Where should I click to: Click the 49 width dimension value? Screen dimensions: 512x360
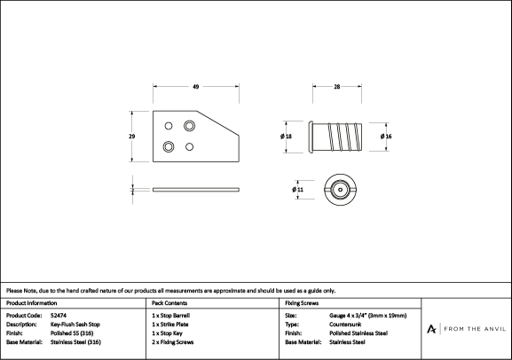[x=195, y=87]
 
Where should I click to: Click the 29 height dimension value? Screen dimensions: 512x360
[x=131, y=136]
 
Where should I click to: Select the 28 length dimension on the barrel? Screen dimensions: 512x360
[x=337, y=87]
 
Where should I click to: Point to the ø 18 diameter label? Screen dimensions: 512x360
[x=286, y=136]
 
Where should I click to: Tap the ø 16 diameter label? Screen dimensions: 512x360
[x=386, y=136]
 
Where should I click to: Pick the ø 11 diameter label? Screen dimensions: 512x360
[x=298, y=189]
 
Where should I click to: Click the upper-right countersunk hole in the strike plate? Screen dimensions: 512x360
[x=189, y=126]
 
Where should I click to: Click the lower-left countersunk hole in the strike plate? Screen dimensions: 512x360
[x=169, y=146]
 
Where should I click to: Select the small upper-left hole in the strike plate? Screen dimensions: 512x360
[x=169, y=126]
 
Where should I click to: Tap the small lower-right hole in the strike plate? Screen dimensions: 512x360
[x=189, y=146]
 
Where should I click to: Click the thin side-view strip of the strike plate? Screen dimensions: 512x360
[x=196, y=190]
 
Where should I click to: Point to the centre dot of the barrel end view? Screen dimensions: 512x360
[x=341, y=190]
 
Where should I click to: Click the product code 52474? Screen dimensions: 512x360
[x=59, y=316]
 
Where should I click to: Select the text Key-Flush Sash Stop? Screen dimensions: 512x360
[x=75, y=325]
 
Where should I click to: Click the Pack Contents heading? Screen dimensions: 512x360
[x=169, y=303]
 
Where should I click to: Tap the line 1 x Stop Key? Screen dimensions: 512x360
[x=167, y=333]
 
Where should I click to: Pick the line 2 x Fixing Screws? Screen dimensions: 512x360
[x=173, y=342]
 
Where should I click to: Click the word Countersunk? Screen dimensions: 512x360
[x=345, y=325]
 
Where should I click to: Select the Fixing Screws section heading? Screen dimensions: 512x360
[x=302, y=303]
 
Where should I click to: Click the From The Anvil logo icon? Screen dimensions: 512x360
[x=431, y=329]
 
